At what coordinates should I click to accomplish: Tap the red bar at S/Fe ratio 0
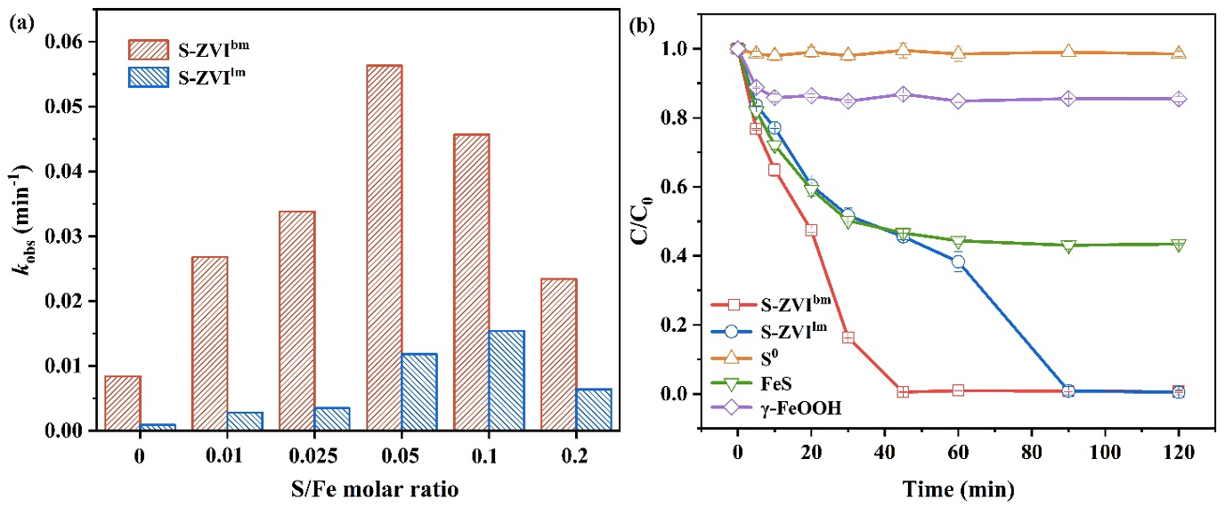tap(123, 403)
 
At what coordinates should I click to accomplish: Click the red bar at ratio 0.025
tap(297, 320)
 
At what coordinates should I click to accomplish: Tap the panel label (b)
tap(643, 26)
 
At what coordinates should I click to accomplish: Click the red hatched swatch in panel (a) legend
tap(151, 48)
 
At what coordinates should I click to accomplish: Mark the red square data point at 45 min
tap(903, 391)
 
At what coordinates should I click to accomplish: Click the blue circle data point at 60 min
tap(958, 262)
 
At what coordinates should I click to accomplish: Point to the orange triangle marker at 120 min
tap(1178, 53)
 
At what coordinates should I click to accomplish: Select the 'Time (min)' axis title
tap(958, 487)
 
